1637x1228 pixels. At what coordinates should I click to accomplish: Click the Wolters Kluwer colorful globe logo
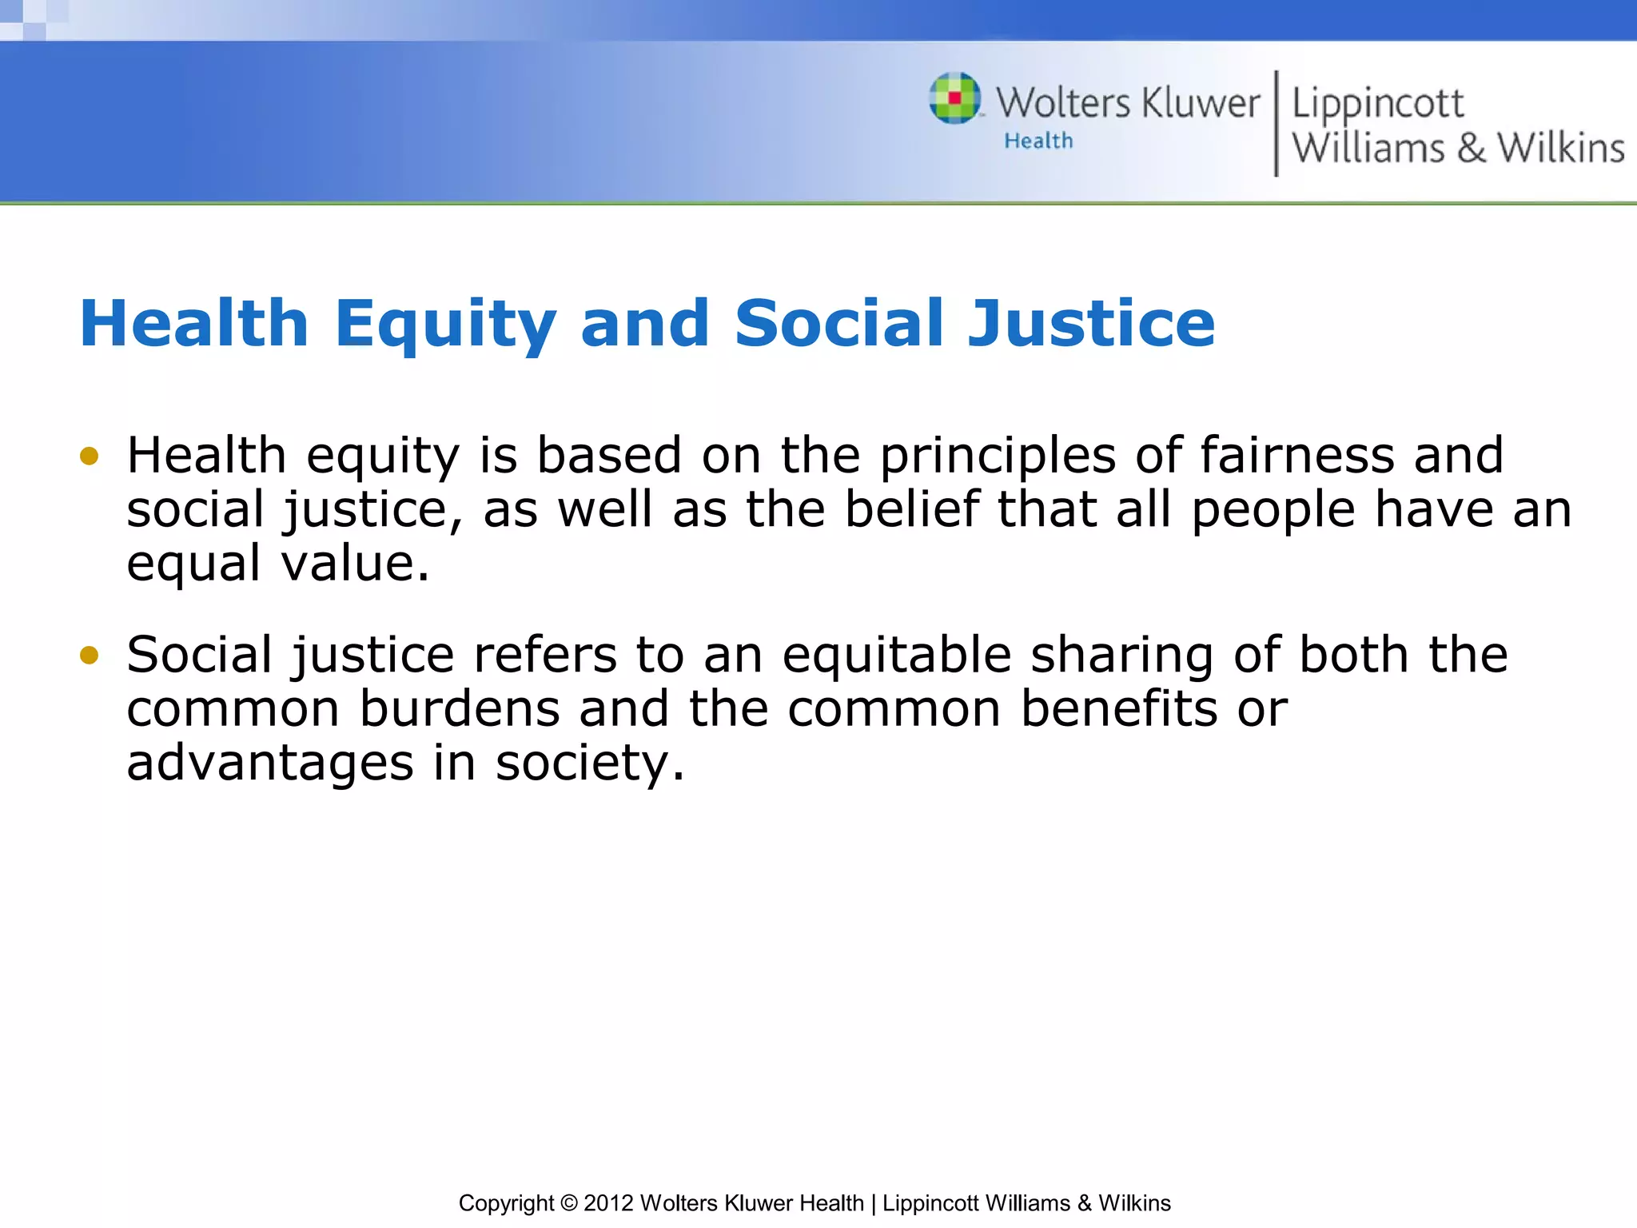pos(955,98)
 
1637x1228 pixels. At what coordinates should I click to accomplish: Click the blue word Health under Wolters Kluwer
pos(1038,141)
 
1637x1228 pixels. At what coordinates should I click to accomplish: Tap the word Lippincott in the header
pos(1377,104)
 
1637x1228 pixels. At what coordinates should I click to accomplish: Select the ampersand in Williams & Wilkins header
pos(1471,148)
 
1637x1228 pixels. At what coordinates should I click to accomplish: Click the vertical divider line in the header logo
pos(1276,123)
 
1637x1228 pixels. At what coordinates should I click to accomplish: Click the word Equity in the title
pos(445,323)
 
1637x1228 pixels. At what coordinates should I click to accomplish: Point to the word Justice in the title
pos(1091,323)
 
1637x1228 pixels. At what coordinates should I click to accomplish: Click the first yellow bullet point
pos(89,457)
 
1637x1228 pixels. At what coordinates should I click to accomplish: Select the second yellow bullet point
pos(89,656)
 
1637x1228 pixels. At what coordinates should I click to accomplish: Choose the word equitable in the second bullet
pos(897,655)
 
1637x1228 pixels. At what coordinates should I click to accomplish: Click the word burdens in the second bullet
pos(460,708)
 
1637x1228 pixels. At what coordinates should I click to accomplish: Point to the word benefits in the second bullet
pos(1119,708)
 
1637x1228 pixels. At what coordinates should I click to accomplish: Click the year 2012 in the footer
pos(608,1203)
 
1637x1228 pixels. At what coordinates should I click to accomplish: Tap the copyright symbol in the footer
pos(568,1203)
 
